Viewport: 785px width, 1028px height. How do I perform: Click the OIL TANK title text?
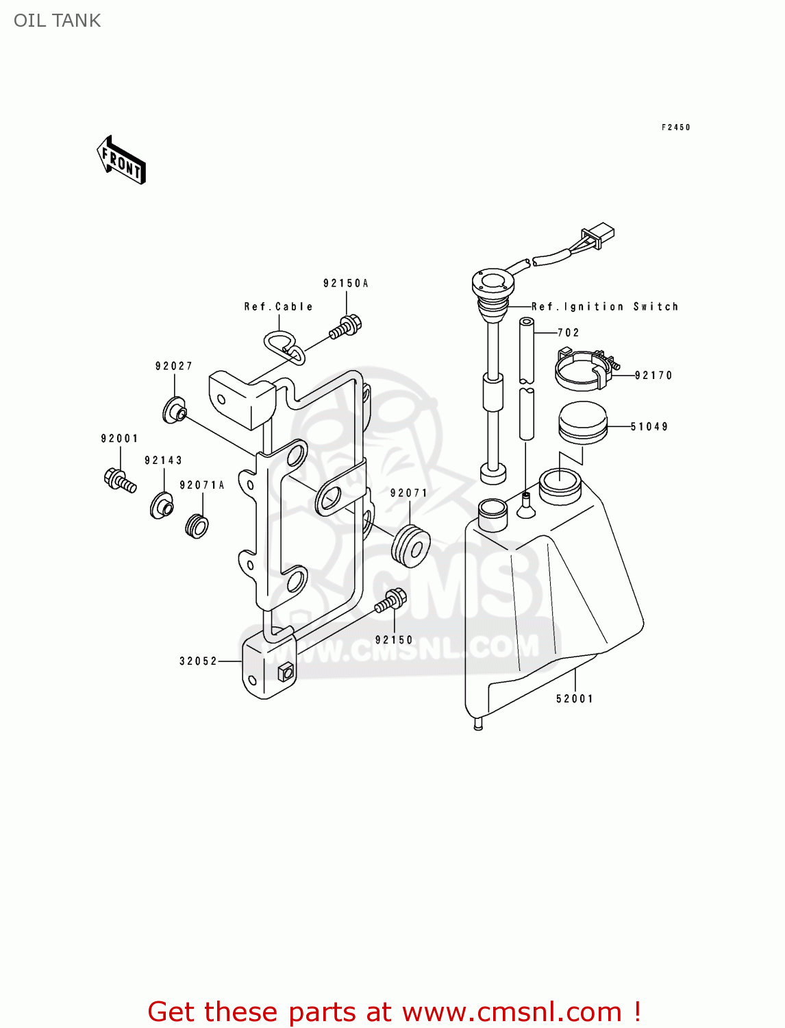tap(58, 21)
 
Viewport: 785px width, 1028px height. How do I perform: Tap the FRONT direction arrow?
tap(122, 161)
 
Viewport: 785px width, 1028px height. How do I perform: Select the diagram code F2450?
tap(675, 127)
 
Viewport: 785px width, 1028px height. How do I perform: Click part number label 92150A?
tap(346, 283)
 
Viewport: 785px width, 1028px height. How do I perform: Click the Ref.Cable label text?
tap(278, 306)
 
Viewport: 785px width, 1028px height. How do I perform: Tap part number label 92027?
tap(174, 366)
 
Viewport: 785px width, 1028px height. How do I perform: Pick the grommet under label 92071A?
tap(197, 526)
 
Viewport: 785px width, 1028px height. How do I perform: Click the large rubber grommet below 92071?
tap(410, 546)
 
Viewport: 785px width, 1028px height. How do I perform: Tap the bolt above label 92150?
tap(390, 601)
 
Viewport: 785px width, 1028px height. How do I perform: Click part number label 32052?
tap(199, 661)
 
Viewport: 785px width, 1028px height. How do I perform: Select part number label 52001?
tap(575, 698)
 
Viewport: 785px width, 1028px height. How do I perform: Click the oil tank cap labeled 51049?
tap(583, 423)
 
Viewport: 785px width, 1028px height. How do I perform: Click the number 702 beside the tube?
tap(569, 332)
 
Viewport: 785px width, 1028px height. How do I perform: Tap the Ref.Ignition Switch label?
tap(605, 306)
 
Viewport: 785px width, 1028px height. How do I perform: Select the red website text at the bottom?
tap(394, 1012)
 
